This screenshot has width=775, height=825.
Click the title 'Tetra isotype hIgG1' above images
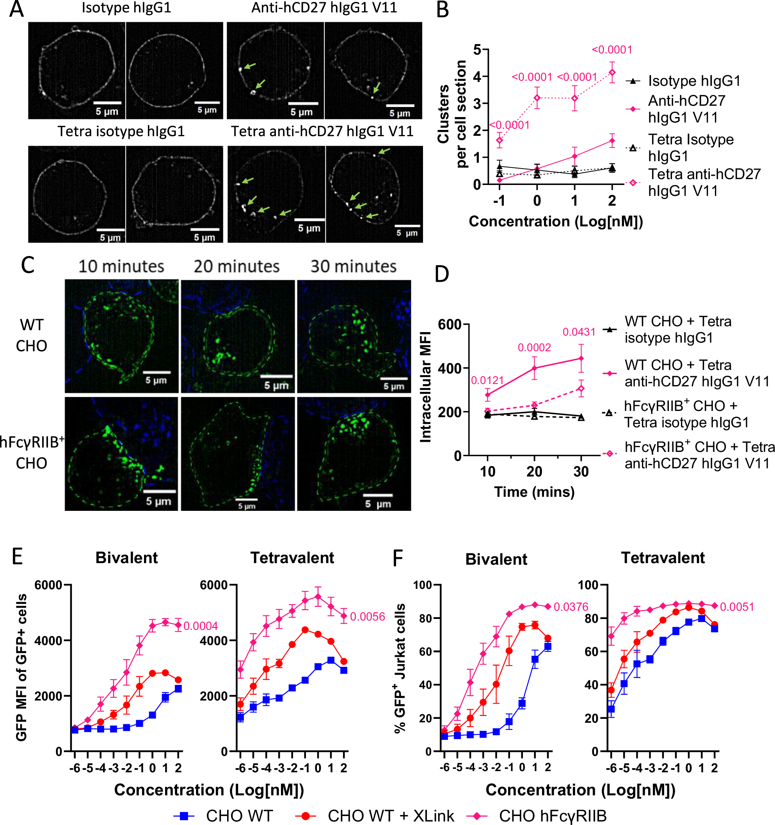click(121, 131)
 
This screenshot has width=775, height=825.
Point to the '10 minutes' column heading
click(121, 267)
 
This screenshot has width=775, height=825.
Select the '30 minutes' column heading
click(354, 267)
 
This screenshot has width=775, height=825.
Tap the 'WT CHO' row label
click(32, 335)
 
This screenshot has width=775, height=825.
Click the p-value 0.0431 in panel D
click(579, 332)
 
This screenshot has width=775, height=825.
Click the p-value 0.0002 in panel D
click(534, 347)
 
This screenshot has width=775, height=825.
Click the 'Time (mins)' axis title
click(534, 492)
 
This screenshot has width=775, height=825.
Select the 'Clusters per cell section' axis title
click(452, 114)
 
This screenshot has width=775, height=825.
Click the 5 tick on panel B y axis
click(477, 50)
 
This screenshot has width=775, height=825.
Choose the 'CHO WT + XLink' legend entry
click(390, 816)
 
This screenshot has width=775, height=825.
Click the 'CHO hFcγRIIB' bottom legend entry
click(552, 816)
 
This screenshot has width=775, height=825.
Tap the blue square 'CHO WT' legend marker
click(184, 816)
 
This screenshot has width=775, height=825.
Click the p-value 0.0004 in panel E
click(201, 626)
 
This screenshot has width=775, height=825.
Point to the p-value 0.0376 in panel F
click(571, 607)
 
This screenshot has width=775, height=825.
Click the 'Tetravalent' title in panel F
click(663, 558)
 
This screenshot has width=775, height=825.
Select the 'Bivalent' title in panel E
click(126, 558)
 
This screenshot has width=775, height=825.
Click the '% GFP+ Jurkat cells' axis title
click(400, 668)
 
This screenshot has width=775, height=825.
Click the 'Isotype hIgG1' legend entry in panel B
click(694, 80)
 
